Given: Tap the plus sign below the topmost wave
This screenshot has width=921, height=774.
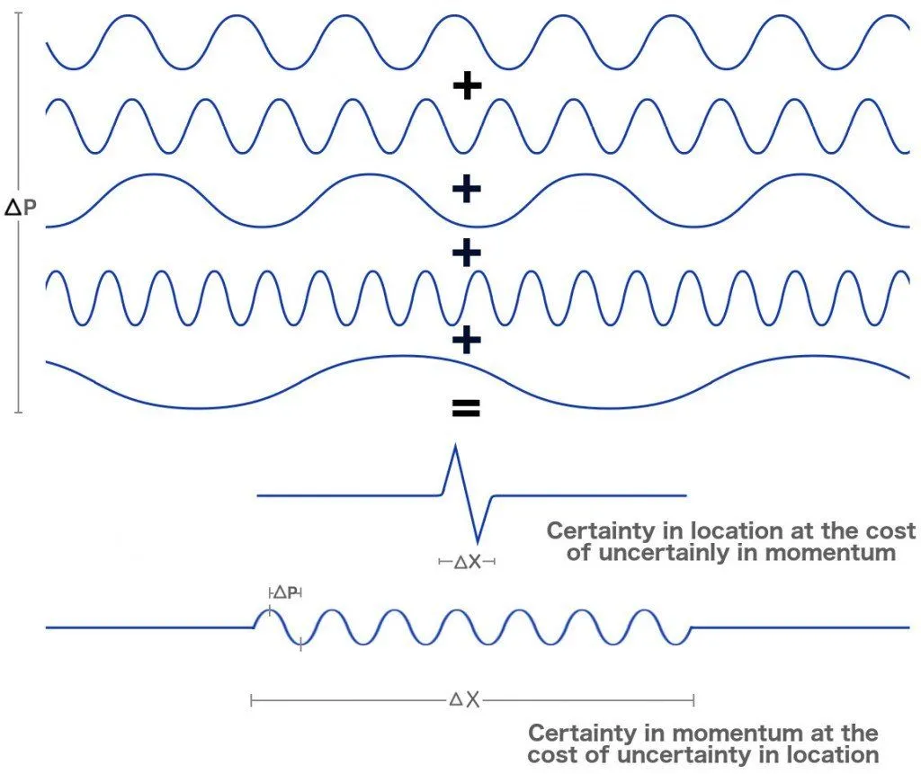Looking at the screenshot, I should pyautogui.click(x=467, y=86).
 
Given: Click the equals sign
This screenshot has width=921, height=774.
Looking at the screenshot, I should pyautogui.click(x=466, y=410).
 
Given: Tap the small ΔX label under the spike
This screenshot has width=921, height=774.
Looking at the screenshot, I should pyautogui.click(x=467, y=562).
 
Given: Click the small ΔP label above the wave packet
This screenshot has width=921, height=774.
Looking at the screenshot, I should pyautogui.click(x=285, y=592).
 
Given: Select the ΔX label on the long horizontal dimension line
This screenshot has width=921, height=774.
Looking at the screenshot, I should pyautogui.click(x=465, y=699).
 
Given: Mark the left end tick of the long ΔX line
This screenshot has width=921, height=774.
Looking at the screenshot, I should pyautogui.click(x=252, y=699).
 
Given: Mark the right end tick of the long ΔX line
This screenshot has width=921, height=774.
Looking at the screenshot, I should pyautogui.click(x=693, y=699).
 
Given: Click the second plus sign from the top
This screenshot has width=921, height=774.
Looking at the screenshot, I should pyautogui.click(x=467, y=190).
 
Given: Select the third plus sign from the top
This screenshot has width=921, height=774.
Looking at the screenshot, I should pyautogui.click(x=467, y=254).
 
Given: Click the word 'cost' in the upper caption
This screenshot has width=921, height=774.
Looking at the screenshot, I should pyautogui.click(x=888, y=530).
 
